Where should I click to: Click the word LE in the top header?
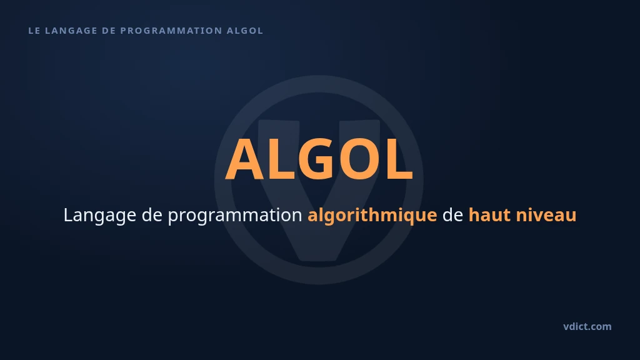pos(34,31)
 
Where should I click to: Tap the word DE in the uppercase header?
pos(109,31)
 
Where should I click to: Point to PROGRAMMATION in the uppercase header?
pos(171,31)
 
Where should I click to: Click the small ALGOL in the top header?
pos(245,31)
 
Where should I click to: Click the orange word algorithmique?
pos(372,216)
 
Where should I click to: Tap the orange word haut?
pos(489,215)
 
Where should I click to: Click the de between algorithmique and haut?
pos(452,215)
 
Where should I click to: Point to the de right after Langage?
pos(152,215)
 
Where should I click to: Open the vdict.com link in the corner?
pos(587,326)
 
